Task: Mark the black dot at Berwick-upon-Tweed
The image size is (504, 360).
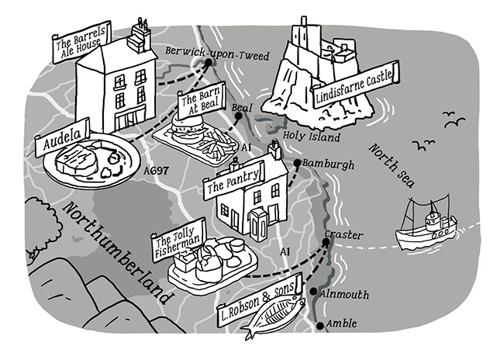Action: click(209, 64)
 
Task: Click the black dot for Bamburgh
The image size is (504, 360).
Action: click(297, 164)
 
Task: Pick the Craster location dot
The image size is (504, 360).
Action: click(326, 242)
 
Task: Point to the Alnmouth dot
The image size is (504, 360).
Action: click(312, 292)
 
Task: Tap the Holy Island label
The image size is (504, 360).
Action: click(311, 137)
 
